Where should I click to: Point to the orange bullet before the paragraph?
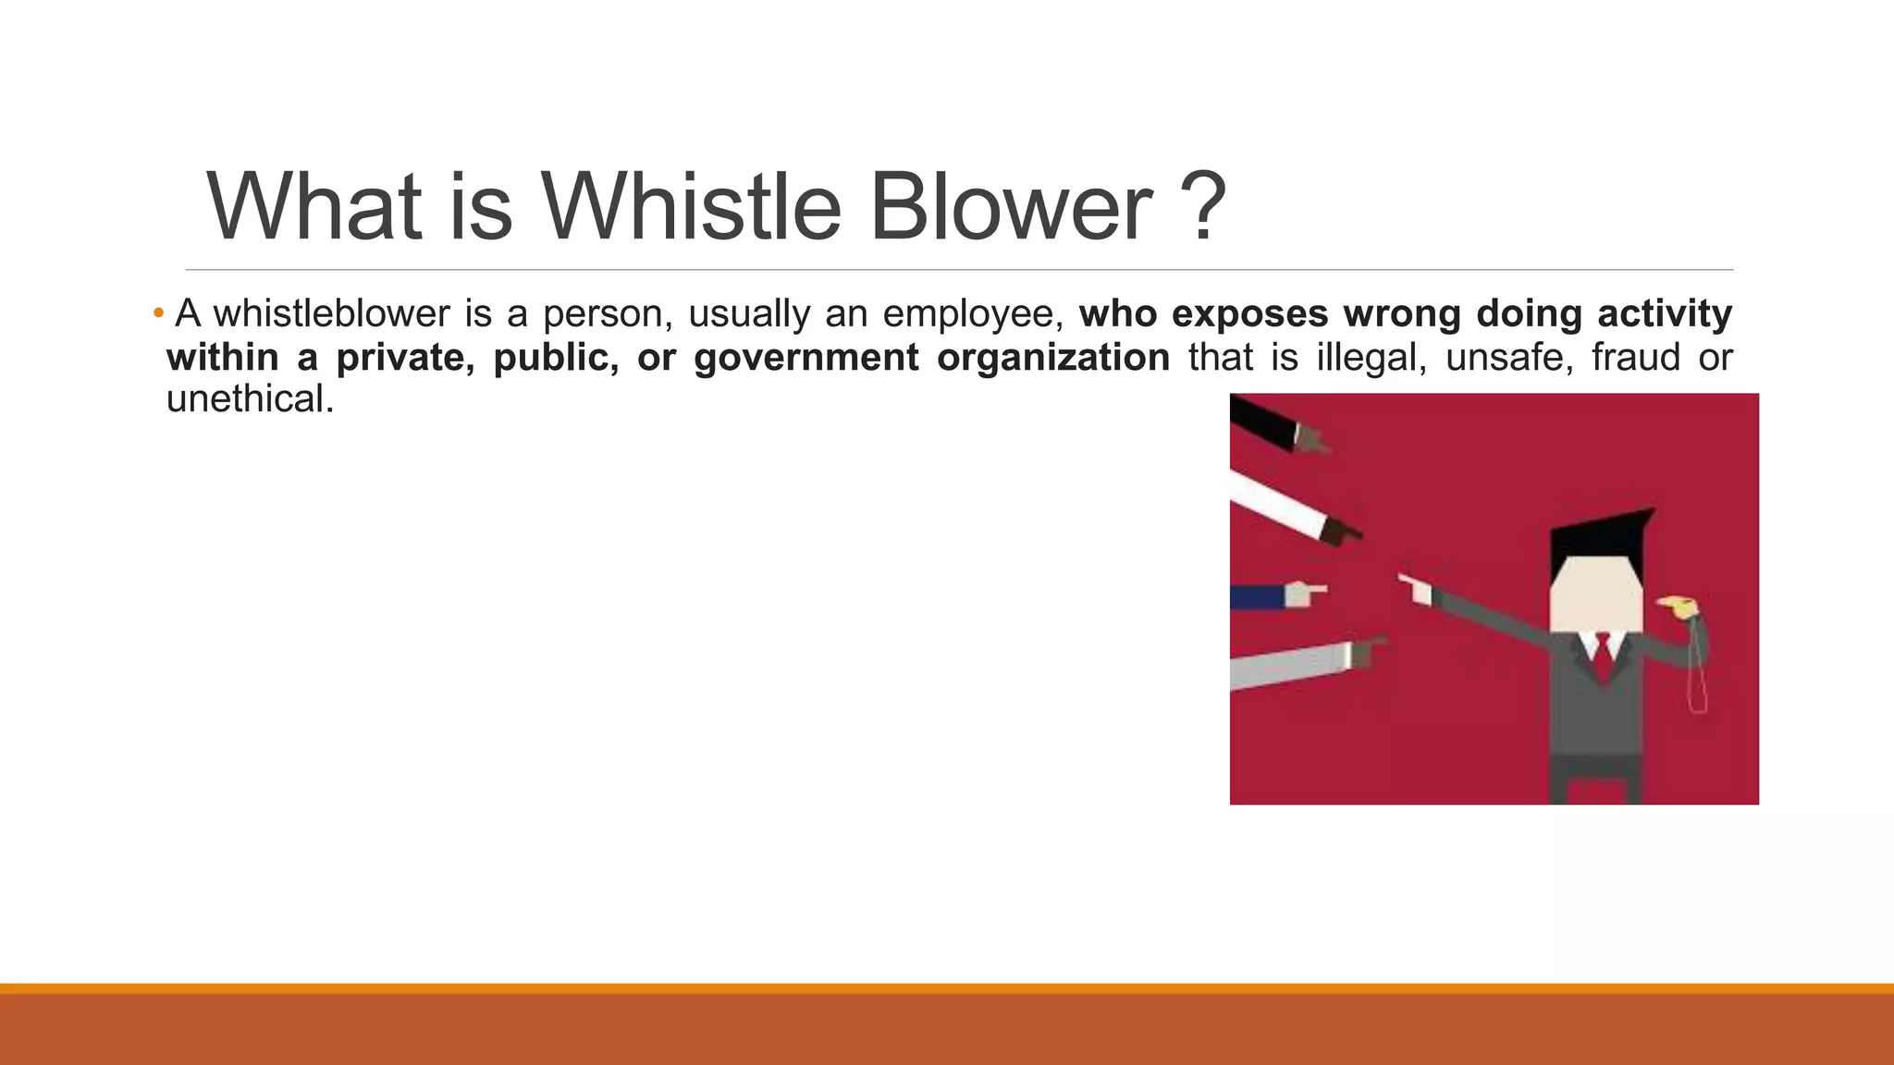158,313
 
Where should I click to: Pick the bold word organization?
1052,358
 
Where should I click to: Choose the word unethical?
249,399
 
